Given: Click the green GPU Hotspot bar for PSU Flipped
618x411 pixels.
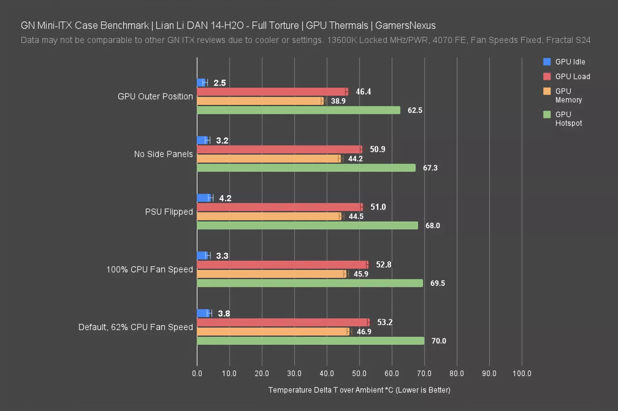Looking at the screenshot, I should (x=307, y=226).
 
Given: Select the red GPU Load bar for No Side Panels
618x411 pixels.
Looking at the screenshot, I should (x=279, y=149).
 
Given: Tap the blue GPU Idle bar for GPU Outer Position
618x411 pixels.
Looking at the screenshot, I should (x=201, y=83).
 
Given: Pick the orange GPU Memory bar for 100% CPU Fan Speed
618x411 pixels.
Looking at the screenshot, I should (x=272, y=274).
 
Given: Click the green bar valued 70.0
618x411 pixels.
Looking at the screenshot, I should (x=310, y=341).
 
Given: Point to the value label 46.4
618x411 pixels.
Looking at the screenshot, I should (x=363, y=92).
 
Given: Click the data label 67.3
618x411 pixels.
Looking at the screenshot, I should (x=430, y=168).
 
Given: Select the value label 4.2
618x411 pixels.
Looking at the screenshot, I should (x=225, y=198).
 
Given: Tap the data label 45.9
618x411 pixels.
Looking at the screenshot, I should (x=361, y=274).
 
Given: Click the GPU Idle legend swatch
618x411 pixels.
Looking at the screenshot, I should (x=547, y=62).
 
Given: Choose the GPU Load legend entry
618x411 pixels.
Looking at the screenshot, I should (x=572, y=77).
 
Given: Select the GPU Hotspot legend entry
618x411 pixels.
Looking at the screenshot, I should (x=568, y=119).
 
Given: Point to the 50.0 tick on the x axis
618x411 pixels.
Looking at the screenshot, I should (x=359, y=374).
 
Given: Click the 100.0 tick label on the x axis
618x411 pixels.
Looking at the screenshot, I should (x=522, y=374).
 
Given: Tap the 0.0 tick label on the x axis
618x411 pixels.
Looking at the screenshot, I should (x=197, y=374).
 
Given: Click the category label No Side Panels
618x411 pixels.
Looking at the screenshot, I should (x=163, y=154).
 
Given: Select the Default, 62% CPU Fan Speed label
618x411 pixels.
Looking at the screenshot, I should (x=136, y=327).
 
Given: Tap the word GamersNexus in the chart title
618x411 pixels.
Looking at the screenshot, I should (x=405, y=26).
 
